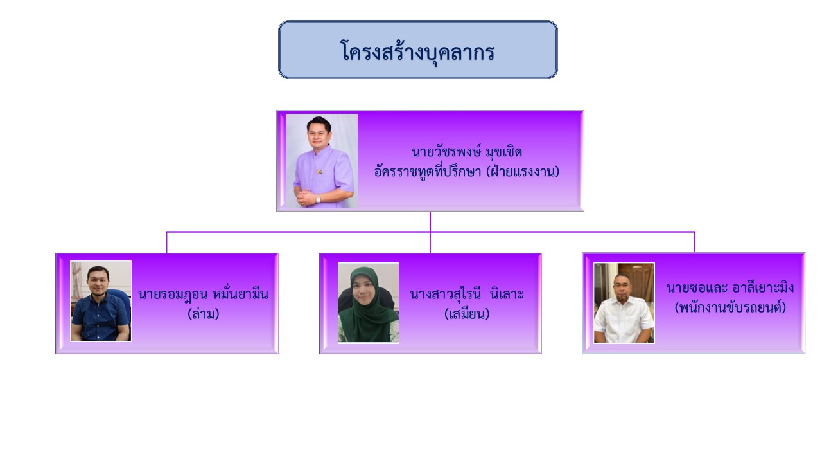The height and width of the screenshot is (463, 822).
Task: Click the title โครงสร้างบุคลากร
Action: click(x=417, y=51)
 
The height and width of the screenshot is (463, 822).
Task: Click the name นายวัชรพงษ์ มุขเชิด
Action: click(x=466, y=152)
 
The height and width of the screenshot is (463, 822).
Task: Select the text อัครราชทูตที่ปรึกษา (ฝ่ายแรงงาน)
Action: click(x=466, y=172)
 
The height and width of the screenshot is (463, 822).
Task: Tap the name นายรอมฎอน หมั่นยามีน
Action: click(x=203, y=295)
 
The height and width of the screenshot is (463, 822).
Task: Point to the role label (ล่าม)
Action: click(x=204, y=314)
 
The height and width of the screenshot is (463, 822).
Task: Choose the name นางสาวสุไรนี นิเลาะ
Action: click(x=467, y=295)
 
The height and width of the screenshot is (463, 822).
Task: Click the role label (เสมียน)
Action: click(x=467, y=314)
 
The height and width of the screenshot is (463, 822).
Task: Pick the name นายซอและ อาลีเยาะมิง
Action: click(x=730, y=287)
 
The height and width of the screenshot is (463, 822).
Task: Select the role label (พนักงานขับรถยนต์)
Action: click(x=730, y=307)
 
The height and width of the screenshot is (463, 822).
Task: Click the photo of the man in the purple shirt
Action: click(x=322, y=161)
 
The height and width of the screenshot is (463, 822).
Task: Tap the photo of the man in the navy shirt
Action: click(x=101, y=301)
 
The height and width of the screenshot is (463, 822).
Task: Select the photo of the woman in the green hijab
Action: click(x=369, y=303)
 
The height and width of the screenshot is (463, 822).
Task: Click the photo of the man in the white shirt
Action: click(x=624, y=303)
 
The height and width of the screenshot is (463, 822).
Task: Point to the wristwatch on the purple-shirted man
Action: click(x=318, y=199)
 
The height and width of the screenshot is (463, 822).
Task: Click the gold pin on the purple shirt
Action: click(x=320, y=171)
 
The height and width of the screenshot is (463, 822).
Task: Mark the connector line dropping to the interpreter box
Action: click(x=166, y=242)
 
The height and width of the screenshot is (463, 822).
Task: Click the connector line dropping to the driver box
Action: click(x=694, y=242)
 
